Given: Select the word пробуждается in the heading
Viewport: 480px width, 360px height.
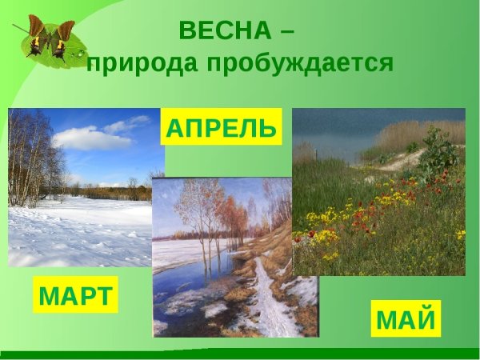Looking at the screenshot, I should point(303,63).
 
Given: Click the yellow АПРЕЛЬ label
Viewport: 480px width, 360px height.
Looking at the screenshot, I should point(222,128).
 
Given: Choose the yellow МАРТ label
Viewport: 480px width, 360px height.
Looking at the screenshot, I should point(76,295).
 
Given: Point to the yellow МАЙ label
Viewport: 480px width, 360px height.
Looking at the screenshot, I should point(406,319).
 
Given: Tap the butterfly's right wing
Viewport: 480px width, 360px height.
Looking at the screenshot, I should point(62,37).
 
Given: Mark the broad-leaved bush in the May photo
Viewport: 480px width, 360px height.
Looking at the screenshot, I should point(438,152).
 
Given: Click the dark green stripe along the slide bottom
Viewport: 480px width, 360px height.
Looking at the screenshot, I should point(240,354).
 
